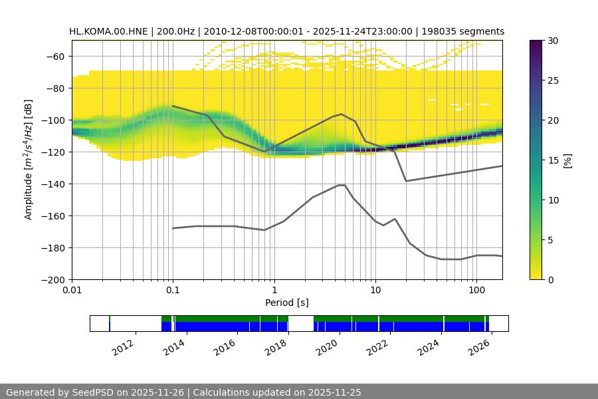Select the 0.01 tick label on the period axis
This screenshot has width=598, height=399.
[72, 291]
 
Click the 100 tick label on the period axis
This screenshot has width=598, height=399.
[476, 291]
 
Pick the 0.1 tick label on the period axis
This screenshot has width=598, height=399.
[173, 291]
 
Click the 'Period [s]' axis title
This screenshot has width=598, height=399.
[287, 303]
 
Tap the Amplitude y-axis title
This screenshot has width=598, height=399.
[28, 160]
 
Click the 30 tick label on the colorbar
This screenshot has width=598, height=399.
[553, 41]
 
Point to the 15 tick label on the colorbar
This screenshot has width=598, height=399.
[553, 160]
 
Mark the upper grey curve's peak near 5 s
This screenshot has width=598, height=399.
[342, 114]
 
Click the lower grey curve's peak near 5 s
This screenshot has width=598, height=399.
[342, 185]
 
